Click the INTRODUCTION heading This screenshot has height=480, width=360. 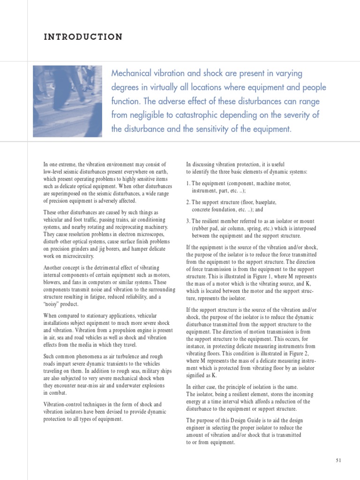click(x=83, y=37)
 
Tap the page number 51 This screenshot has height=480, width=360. click(x=339, y=461)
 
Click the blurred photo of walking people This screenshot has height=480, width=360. click(x=67, y=101)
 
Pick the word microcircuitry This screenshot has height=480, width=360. click(x=79, y=256)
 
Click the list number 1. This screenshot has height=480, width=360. click(x=188, y=184)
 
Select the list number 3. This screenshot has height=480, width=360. click(x=188, y=221)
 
